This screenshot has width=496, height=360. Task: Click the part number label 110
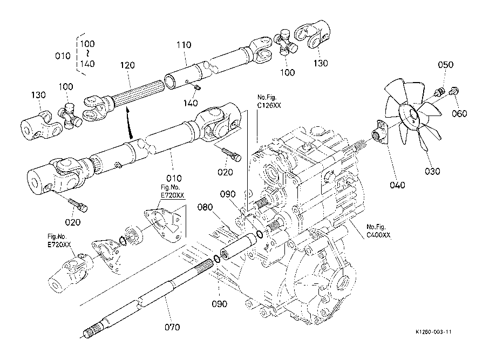(x=183, y=45)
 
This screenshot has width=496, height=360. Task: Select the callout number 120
(x=127, y=65)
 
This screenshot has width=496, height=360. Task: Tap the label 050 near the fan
(x=445, y=65)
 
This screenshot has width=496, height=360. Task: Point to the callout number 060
(x=460, y=113)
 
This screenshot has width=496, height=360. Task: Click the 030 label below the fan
(x=432, y=171)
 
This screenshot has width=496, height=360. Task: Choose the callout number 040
(x=397, y=185)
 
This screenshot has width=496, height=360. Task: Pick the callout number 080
(x=205, y=206)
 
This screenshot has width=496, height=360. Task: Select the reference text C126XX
(x=269, y=106)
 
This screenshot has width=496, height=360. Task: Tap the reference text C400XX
(x=378, y=235)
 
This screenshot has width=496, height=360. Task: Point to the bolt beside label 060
(x=453, y=92)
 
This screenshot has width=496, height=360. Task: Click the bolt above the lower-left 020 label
(x=79, y=205)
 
